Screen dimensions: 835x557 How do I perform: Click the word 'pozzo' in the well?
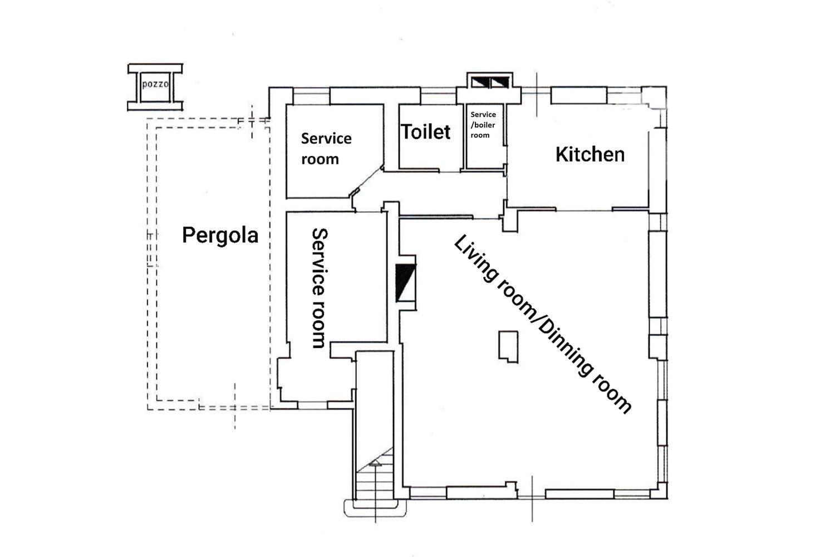tap(155, 84)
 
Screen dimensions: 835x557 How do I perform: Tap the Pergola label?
tap(220, 236)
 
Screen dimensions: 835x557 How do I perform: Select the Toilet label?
tap(425, 131)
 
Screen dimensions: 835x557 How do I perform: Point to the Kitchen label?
tap(590, 154)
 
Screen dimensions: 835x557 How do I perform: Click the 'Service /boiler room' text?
tap(483, 125)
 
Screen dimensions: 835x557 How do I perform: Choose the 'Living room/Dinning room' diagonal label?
tap(542, 324)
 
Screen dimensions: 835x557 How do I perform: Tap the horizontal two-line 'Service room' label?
tap(326, 149)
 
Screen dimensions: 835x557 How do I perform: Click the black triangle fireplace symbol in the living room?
tap(405, 282)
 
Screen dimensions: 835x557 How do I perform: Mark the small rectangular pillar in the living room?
tap(508, 346)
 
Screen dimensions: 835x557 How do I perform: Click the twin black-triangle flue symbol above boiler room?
tap(490, 82)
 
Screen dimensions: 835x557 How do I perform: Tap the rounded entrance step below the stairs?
tap(375, 509)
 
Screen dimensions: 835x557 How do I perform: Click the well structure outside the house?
tap(155, 87)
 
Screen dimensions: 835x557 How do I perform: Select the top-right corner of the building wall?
tap(666, 87)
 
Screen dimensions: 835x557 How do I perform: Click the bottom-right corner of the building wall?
tap(667, 499)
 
